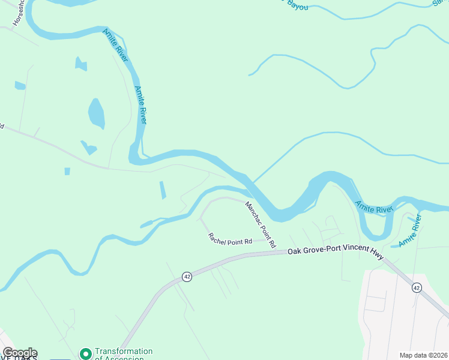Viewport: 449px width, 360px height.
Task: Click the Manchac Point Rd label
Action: (x=260, y=224)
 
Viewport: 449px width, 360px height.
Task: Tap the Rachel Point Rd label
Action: (x=229, y=239)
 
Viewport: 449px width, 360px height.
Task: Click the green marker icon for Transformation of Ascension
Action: (x=85, y=354)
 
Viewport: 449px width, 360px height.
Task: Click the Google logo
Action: (x=19, y=353)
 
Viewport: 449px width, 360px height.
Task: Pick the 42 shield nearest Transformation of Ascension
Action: (x=187, y=276)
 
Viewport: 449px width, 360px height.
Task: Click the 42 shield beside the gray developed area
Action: (x=417, y=288)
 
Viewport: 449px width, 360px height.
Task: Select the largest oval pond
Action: (x=96, y=113)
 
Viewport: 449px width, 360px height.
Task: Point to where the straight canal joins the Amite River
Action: (x=252, y=182)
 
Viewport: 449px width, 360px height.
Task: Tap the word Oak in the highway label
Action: (x=294, y=252)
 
